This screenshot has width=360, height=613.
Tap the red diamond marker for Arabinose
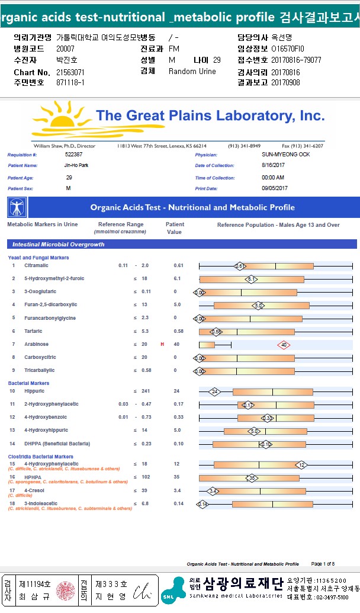click(x=284, y=344)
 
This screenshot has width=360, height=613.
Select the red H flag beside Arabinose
click(x=162, y=344)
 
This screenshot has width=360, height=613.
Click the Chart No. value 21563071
click(x=70, y=72)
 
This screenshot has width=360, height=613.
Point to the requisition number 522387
click(x=73, y=154)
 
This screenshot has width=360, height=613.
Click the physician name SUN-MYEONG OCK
click(x=285, y=154)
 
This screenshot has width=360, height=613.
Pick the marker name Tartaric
click(x=34, y=331)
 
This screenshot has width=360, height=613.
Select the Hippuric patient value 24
click(x=176, y=391)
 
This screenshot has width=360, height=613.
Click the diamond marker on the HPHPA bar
click(x=252, y=478)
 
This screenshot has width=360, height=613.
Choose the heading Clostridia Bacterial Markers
click(x=40, y=457)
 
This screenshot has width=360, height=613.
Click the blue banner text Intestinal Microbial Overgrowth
click(x=56, y=244)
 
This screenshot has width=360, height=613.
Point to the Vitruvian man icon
click(x=17, y=207)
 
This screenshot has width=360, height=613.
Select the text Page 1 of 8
click(x=323, y=564)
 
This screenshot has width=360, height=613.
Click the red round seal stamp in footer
click(x=66, y=590)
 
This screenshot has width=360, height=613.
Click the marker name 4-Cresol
click(x=35, y=490)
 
